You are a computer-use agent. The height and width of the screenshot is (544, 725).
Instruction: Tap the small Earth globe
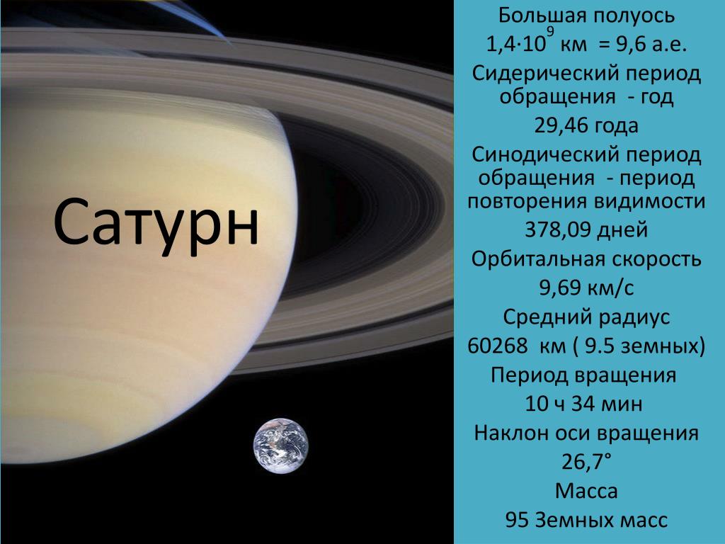tap(280, 446)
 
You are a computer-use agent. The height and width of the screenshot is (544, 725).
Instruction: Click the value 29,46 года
tap(586, 126)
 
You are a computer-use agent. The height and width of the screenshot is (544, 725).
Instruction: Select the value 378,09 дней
tap(586, 230)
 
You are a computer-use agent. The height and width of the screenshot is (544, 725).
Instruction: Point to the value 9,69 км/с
tap(586, 288)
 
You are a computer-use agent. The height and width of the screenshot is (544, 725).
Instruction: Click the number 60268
tap(497, 346)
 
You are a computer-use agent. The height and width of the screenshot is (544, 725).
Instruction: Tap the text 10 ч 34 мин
tap(583, 403)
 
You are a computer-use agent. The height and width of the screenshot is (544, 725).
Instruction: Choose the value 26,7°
tap(586, 461)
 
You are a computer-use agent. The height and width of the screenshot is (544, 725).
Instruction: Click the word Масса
tap(586, 491)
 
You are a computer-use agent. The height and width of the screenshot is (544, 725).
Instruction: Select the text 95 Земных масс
tap(586, 520)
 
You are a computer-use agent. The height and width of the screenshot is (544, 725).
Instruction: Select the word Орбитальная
tap(536, 259)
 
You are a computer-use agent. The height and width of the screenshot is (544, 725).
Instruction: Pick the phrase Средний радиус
tap(586, 317)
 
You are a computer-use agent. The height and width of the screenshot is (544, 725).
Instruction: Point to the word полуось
tap(634, 16)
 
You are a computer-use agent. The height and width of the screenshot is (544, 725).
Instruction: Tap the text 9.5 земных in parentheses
tap(640, 346)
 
